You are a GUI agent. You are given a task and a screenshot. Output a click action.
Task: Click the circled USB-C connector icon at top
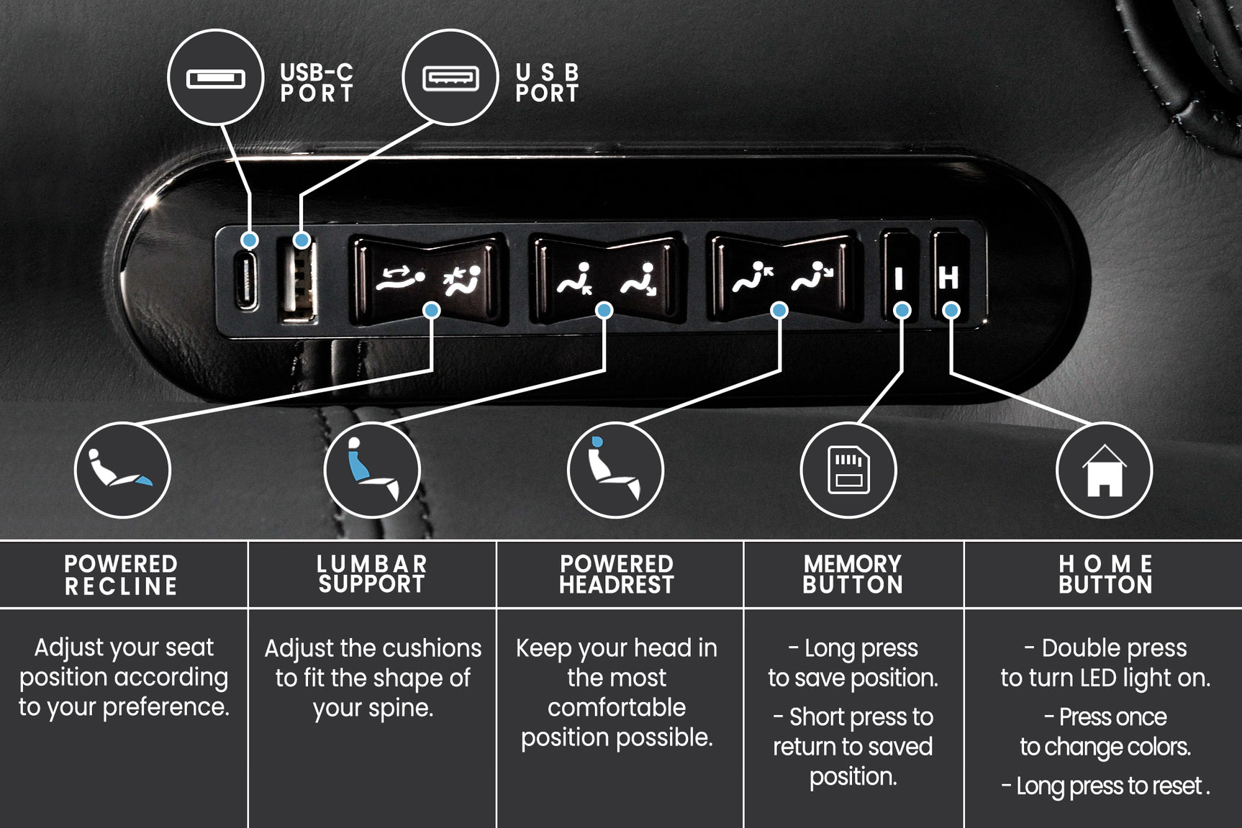tap(216, 78)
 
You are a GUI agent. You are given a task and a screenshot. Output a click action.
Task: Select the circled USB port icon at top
tap(450, 78)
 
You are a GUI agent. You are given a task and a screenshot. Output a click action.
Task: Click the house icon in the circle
tap(1104, 470)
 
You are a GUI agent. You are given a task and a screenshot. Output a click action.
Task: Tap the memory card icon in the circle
tap(848, 470)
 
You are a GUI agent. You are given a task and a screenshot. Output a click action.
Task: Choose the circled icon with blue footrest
tap(122, 470)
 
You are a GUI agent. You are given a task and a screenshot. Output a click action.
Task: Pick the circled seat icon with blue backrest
tap(372, 470)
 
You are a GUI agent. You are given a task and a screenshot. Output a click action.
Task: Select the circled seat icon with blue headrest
tap(615, 470)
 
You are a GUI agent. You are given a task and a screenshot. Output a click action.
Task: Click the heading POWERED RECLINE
tap(121, 575)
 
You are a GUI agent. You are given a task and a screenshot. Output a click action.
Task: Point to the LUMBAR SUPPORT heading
tap(372, 574)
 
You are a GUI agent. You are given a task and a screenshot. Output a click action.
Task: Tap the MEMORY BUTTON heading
tap(853, 574)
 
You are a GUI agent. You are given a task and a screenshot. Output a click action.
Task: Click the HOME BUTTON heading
tap(1105, 574)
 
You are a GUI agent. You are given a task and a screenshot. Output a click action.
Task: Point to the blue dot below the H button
tap(951, 310)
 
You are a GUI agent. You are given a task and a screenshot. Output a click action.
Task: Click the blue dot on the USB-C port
tap(250, 240)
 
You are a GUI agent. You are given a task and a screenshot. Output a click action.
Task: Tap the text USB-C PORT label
tap(317, 83)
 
